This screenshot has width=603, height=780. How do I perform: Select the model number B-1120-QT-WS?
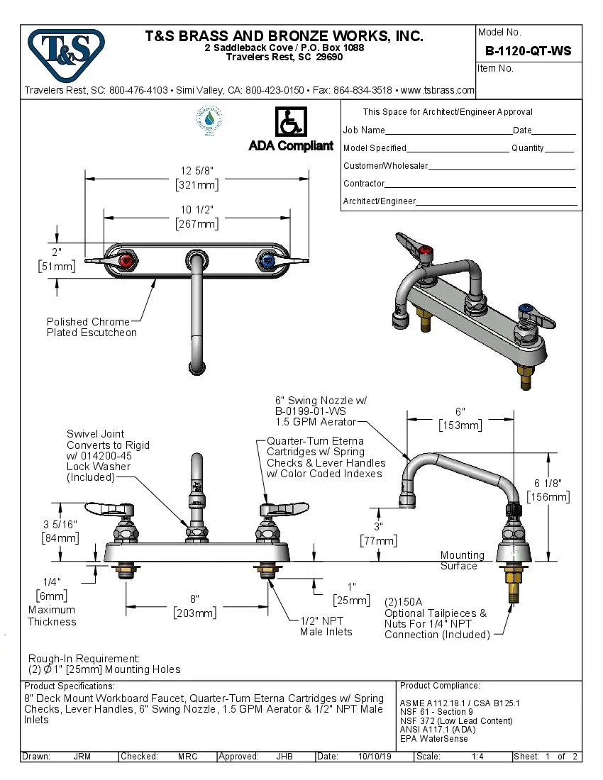528,51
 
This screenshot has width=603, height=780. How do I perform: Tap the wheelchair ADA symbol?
290,122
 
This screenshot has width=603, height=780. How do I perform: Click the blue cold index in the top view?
267,261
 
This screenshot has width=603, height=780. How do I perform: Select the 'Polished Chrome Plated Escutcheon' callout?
92,327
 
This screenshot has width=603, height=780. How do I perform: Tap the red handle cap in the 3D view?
426,250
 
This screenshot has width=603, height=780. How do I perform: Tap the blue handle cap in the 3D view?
526,309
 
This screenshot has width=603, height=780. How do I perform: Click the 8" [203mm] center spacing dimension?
195,606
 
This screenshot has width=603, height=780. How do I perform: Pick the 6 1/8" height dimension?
548,490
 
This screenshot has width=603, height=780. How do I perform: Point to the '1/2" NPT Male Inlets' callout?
326,626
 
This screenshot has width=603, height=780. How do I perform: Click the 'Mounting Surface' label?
462,560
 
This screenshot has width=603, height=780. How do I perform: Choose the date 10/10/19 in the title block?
375,757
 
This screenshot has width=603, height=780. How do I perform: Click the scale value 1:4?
477,757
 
